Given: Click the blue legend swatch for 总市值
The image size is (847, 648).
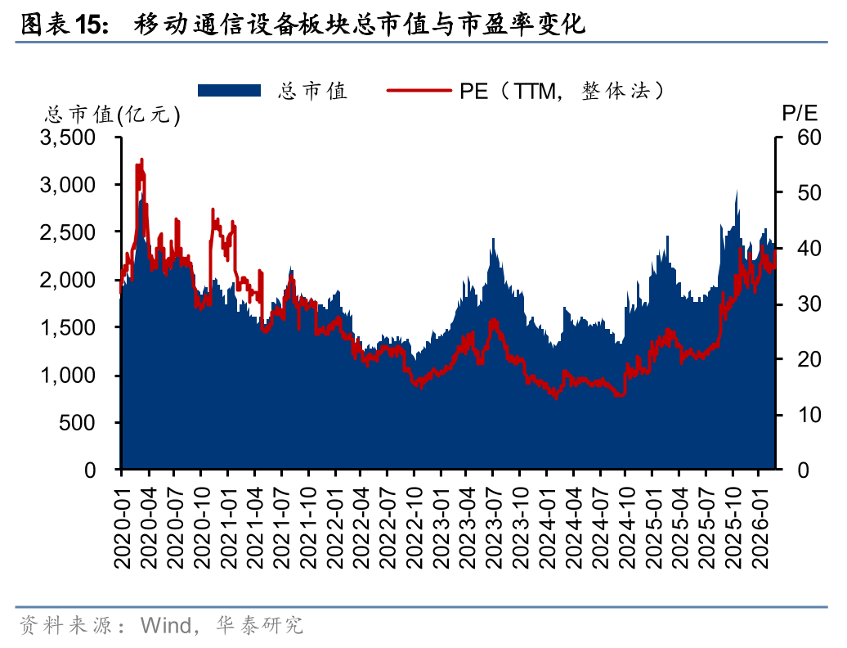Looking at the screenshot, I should (x=228, y=90).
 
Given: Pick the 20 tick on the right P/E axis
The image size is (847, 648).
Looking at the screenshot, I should (x=797, y=359).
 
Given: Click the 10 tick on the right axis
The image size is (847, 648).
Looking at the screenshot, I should (x=797, y=415).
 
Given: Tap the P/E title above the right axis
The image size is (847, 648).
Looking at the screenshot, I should (x=798, y=114).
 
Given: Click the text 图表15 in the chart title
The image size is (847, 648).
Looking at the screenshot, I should (x=63, y=25).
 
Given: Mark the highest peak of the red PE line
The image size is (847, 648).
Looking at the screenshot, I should (x=142, y=160).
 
